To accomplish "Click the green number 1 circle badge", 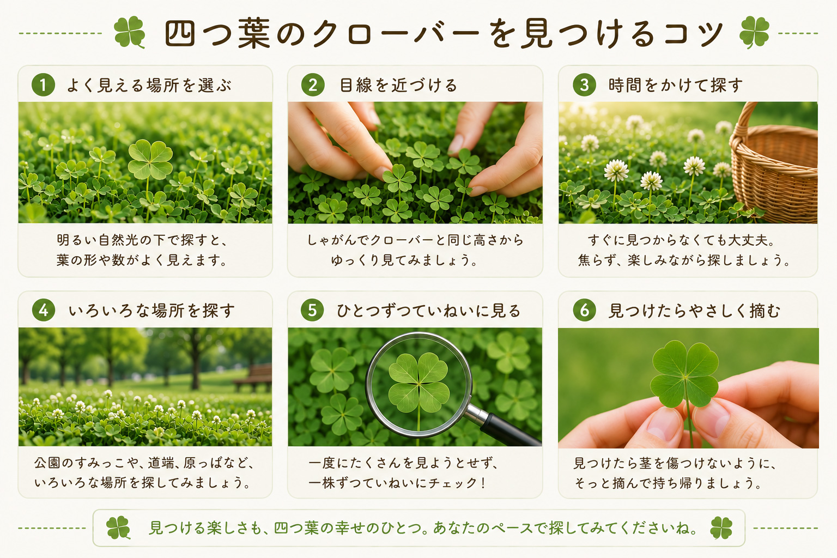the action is [43, 85].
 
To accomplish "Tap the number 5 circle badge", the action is [312, 310].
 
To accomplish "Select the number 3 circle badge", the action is [584, 85].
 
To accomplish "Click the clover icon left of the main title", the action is [129, 32].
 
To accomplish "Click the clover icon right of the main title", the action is [754, 32].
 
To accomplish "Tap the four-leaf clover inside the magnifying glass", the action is [419, 383].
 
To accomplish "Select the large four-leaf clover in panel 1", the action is [150, 160].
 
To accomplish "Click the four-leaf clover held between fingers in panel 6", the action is [684, 374].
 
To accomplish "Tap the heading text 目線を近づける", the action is [398, 85].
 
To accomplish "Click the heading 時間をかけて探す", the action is [676, 85].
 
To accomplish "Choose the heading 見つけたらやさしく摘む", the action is [694, 311].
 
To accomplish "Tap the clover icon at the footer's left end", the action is [118, 527].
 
